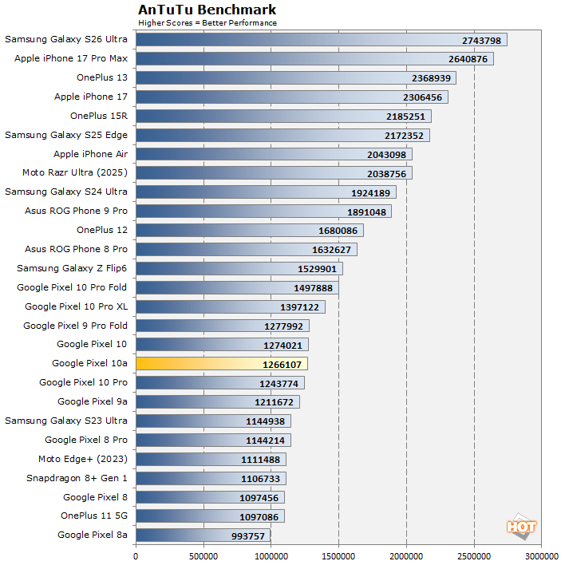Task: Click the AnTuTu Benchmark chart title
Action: pos(207,10)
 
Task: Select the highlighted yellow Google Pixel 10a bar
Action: pos(222,364)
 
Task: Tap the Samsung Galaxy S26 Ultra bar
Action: pos(322,39)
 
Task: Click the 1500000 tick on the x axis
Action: pos(339,555)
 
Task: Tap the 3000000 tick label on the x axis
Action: pos(542,555)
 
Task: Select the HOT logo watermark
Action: pos(521,526)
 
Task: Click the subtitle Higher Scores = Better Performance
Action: pos(207,22)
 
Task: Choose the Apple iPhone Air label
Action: pos(90,154)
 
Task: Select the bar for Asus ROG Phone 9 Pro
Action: pos(263,211)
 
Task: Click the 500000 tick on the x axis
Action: pos(203,555)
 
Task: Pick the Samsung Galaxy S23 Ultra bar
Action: pos(213,421)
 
